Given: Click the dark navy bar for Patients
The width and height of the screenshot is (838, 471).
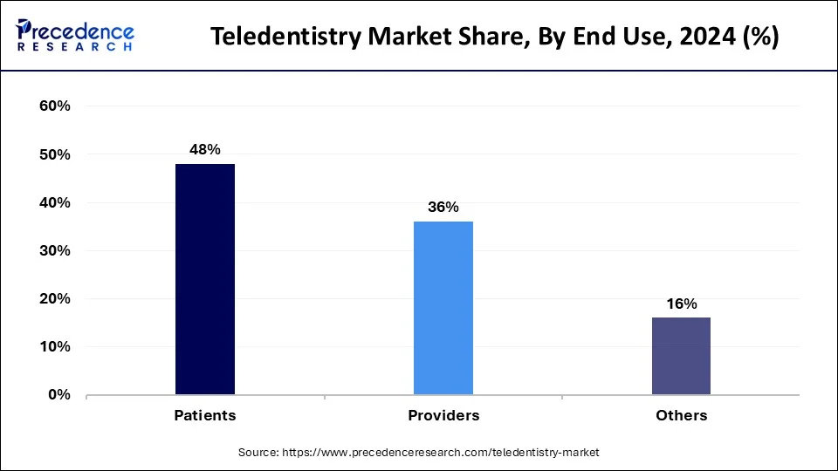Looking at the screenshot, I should pos(205,279).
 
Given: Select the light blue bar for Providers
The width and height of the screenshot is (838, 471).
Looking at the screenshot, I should pos(443,308).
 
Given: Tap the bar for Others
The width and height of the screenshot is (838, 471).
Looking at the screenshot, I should pos(681,356).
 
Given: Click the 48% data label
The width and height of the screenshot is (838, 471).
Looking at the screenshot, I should pos(205,149).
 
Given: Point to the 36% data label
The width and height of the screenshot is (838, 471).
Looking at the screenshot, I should pos(443,207).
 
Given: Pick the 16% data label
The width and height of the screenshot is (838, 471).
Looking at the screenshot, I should pos(681,304).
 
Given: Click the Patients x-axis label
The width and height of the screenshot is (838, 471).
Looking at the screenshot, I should pos(205,415).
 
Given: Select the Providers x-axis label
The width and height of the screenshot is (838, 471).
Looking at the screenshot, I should pos(443,415).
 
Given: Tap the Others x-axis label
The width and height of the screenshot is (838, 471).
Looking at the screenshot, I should pos(681,415).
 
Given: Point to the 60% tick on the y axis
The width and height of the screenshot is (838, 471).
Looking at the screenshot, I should pos(54,106).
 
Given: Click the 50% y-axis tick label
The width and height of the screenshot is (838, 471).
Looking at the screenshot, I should pos(54,154).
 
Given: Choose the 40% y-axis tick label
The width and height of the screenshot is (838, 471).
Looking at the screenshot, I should pos(54,202).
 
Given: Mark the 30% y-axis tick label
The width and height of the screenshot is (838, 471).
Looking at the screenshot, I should pos(54,250).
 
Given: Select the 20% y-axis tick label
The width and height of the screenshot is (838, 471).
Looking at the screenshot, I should pos(54,298).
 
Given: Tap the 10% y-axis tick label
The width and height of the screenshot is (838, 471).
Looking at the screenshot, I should pos(54,346).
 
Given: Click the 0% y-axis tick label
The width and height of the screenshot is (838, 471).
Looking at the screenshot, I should pos(58,394).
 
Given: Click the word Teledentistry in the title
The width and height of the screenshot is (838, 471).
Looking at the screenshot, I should pos(278,37).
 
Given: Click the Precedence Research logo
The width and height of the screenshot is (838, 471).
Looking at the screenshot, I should pos(75,36).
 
